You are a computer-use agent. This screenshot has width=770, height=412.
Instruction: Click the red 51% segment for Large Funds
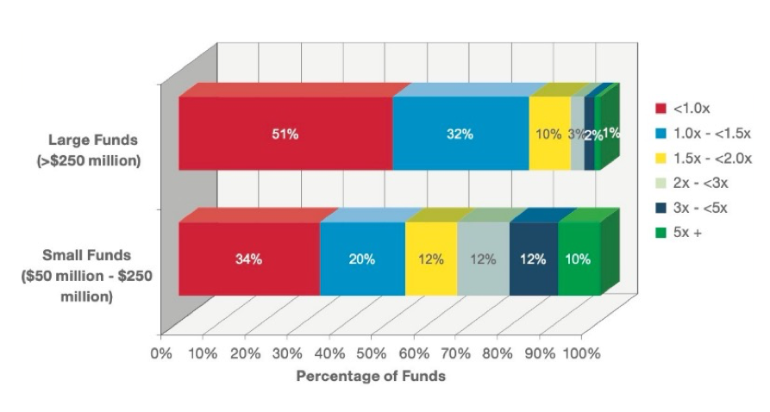coord(285,134)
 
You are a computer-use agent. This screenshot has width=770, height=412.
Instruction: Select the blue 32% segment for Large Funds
coord(460,134)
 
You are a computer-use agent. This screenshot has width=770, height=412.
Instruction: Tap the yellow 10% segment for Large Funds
coord(548,134)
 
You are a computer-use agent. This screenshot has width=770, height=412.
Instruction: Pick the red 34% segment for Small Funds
coord(248,259)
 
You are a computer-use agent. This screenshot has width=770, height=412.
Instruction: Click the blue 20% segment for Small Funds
coord(362,259)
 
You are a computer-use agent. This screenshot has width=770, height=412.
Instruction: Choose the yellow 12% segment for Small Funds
coord(431,259)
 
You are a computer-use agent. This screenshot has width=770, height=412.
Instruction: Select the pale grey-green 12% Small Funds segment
coord(483,259)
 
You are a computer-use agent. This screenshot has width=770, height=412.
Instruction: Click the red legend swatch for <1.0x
coord(660,109)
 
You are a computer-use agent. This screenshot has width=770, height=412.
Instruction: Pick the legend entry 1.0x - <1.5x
coord(712,134)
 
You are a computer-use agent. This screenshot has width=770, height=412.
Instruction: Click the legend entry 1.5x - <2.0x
coord(712,159)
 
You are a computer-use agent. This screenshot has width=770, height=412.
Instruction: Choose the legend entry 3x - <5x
coord(701,207)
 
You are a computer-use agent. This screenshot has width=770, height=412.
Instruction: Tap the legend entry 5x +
coord(689,232)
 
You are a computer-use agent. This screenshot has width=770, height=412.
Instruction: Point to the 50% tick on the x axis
coord(372,353)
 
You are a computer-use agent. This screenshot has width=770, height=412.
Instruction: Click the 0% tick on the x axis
coord(161,353)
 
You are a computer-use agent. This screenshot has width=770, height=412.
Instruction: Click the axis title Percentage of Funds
coord(371,377)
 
